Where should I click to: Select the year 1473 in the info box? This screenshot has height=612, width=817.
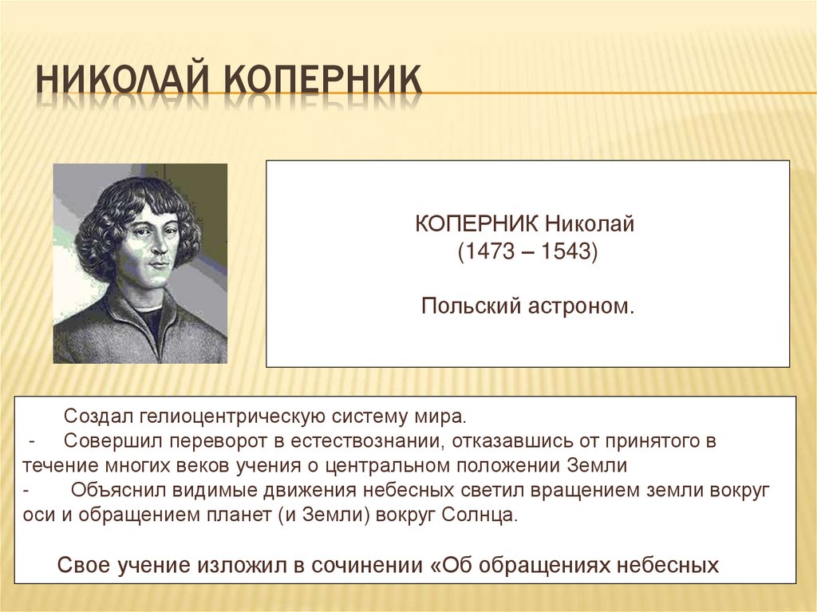pyautogui.click(x=487, y=253)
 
